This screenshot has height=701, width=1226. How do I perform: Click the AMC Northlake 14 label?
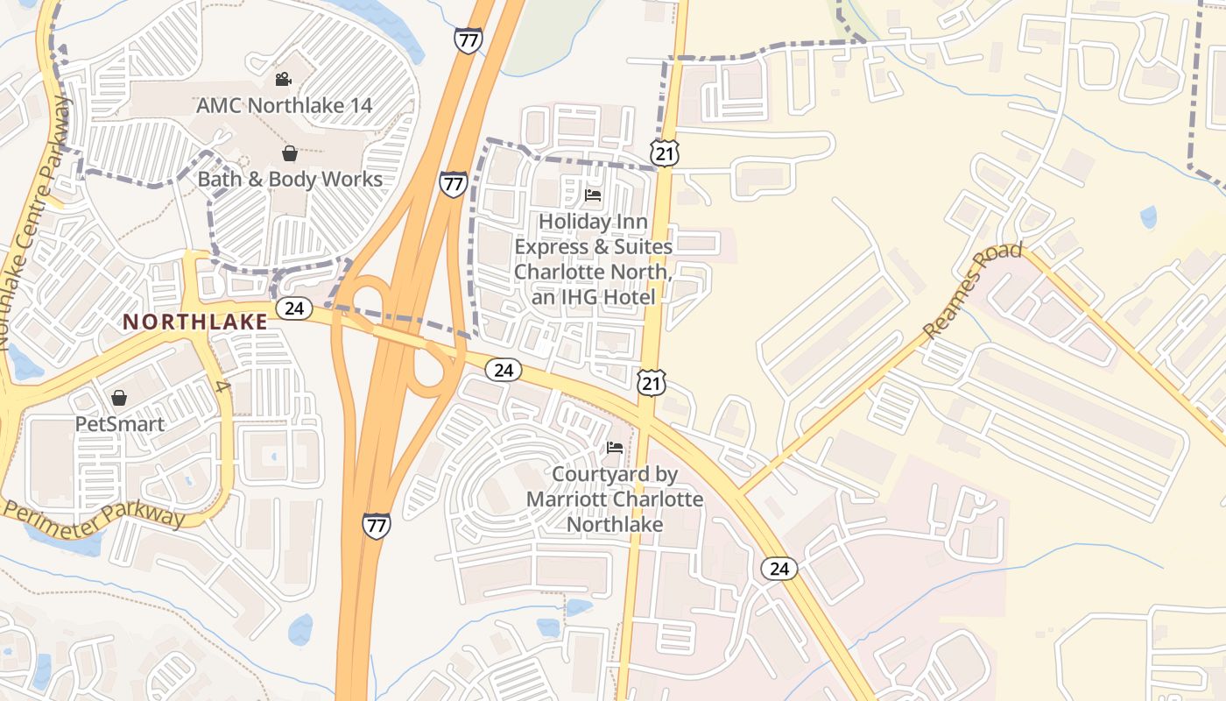[x=285, y=105]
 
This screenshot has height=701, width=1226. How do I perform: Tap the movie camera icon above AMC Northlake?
[x=283, y=80]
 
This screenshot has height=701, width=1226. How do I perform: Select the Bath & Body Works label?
[x=290, y=180]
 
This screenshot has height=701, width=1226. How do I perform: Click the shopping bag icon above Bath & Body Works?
[x=289, y=154]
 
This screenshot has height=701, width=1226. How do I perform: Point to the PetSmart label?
[x=119, y=424]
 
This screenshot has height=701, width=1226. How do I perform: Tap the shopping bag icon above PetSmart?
[x=119, y=399]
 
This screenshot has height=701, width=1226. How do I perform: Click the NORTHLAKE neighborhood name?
[x=195, y=322]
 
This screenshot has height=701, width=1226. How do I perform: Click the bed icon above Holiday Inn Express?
[x=593, y=195]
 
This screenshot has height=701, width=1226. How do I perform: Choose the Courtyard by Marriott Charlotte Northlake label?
[x=615, y=499]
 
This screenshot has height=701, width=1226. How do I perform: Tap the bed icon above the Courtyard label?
[x=615, y=448]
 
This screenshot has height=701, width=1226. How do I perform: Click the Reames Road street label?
[x=972, y=291]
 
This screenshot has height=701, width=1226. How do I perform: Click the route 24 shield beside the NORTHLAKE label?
[x=294, y=308]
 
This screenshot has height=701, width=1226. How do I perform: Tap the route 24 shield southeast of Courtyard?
[x=779, y=569]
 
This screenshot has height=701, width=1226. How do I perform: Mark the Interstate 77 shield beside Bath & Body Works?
[x=453, y=184]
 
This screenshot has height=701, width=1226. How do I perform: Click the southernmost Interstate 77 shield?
[x=376, y=526]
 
